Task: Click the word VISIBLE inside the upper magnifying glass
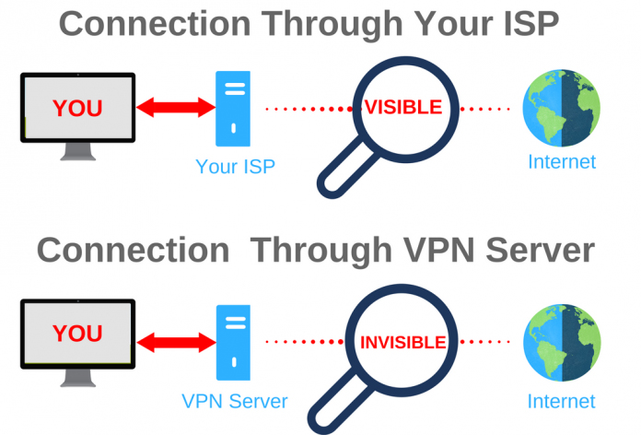pos(403,107)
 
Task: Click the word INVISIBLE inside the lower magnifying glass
pos(402,343)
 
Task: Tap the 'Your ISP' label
pos(236,167)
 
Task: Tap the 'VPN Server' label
pos(235,401)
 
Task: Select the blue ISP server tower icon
pos(233,109)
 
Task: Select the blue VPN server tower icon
pos(233,343)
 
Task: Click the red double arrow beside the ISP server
pos(176,108)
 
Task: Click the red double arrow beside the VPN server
pos(176,343)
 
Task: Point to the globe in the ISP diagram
pos(562,108)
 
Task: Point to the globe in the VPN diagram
pos(562,343)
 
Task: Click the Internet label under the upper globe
pos(562,161)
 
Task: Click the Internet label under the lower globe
pos(561,401)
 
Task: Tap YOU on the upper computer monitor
pos(77,108)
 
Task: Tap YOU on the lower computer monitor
pos(77,333)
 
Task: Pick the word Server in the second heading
pos(540,250)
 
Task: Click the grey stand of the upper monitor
pos(78,151)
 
